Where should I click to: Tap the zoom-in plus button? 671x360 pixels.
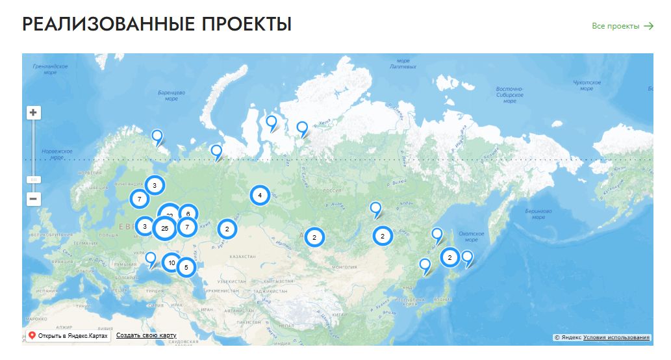click(x=34, y=112)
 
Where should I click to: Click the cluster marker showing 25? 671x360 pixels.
click(x=165, y=228)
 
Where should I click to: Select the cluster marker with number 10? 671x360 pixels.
click(x=171, y=263)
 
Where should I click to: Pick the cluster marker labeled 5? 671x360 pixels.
click(x=186, y=267)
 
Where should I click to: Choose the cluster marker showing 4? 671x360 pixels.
click(x=260, y=195)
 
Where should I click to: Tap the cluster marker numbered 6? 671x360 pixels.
click(x=188, y=213)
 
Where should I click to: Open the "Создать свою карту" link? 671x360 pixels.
click(x=146, y=335)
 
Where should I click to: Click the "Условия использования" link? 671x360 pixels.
click(x=616, y=337)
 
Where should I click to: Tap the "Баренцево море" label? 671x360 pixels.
click(x=171, y=96)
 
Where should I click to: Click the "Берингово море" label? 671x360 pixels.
click(x=538, y=214)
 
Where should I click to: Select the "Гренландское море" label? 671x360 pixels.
click(x=50, y=70)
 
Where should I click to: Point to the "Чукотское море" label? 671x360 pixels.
click(x=587, y=85)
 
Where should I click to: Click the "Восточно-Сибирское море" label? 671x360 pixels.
click(x=510, y=95)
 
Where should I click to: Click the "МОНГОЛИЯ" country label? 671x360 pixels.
click(x=344, y=267)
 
